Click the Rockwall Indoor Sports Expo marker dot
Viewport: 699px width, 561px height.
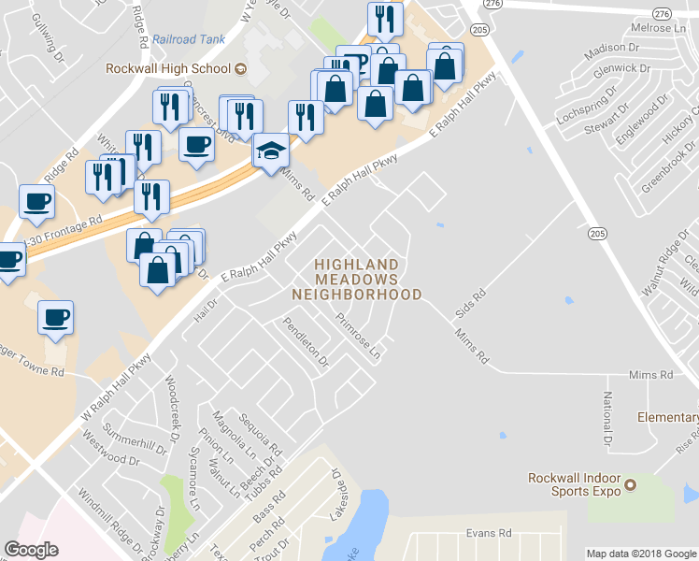(630, 484)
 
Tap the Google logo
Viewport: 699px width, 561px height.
(32, 550)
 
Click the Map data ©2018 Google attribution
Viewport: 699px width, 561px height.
(641, 554)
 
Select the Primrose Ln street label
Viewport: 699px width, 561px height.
(359, 337)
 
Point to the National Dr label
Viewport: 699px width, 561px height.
(606, 418)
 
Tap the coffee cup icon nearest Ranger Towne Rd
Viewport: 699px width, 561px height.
(54, 317)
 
